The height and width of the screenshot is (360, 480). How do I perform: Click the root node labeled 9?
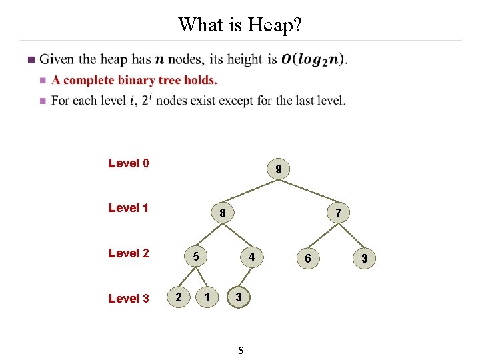click(278, 170)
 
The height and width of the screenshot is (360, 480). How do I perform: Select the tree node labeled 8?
click(222, 214)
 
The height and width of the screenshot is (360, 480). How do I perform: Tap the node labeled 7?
click(338, 213)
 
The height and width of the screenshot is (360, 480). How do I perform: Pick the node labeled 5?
click(195, 257)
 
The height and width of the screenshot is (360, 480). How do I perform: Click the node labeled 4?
click(251, 257)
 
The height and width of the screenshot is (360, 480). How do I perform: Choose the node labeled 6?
click(307, 258)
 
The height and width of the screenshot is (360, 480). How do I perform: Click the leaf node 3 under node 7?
click(364, 258)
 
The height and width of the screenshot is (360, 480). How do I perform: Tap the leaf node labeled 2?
click(177, 296)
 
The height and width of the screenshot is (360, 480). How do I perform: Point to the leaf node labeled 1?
click(209, 296)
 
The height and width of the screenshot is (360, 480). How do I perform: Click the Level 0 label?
click(129, 163)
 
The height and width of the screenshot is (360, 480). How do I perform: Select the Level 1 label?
click(129, 208)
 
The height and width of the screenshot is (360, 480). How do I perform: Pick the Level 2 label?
click(129, 253)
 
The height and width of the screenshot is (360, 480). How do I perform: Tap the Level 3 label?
click(129, 299)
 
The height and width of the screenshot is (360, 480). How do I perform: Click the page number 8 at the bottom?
click(240, 350)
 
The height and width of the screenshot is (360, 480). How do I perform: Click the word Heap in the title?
click(275, 25)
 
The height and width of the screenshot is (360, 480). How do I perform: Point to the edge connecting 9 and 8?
click(251, 191)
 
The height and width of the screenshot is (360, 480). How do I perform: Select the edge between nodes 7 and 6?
click(323, 235)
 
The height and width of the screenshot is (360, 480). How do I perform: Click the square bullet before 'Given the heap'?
click(29, 61)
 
